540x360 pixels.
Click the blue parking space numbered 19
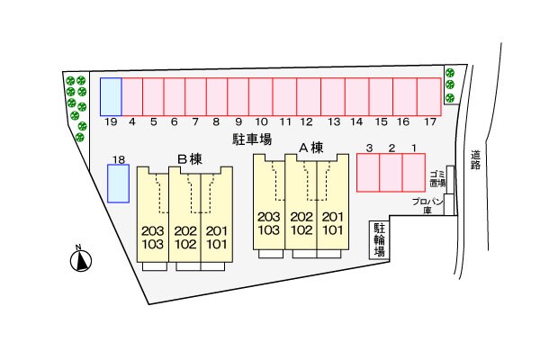click(x=111, y=96)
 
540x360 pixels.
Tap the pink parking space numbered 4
click(x=132, y=96)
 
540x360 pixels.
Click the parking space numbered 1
click(x=413, y=172)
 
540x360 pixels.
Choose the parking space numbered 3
click(x=368, y=172)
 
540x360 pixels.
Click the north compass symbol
click(x=82, y=260)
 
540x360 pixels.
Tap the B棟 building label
click(x=190, y=159)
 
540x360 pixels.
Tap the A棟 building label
click(x=310, y=148)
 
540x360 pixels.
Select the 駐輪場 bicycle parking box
click(x=380, y=240)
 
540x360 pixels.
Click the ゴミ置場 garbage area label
click(x=437, y=176)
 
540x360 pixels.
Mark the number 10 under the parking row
click(x=261, y=121)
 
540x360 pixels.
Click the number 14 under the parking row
click(x=356, y=121)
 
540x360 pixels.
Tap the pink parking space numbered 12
click(x=306, y=96)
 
